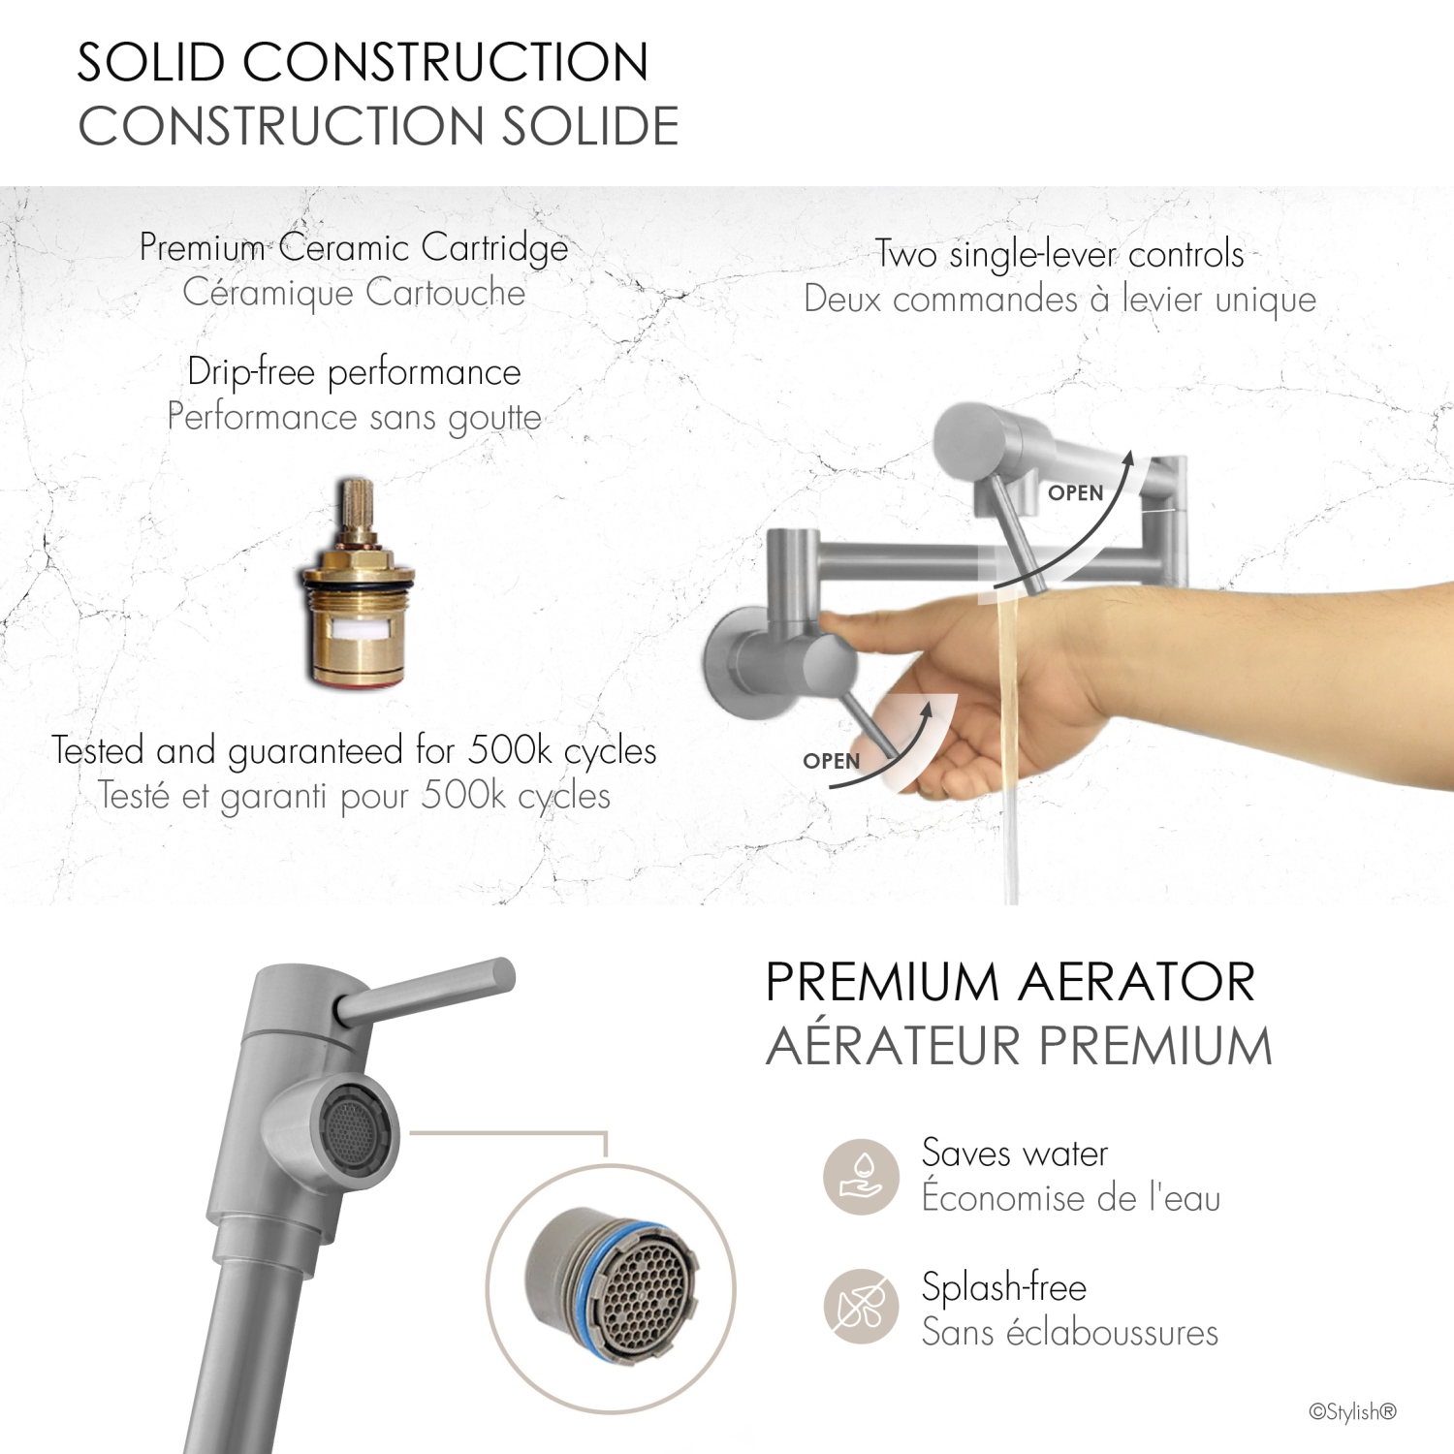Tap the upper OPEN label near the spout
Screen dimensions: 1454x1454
[1075, 492]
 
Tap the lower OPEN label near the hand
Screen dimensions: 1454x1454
[831, 761]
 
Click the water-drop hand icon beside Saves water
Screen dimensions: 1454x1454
[861, 1176]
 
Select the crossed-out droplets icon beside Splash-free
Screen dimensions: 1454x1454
[861, 1307]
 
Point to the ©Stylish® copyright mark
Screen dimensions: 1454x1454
[1352, 1411]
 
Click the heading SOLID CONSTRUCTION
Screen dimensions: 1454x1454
[363, 63]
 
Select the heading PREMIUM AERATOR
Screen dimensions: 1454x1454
[1009, 982]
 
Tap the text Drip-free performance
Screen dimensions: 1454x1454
[354, 372]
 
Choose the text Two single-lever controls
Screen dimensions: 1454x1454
[1059, 254]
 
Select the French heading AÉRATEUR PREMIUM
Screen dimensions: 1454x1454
[1018, 1047]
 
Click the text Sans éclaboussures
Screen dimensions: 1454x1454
[1069, 1333]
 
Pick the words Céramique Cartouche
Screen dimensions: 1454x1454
[354, 293]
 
